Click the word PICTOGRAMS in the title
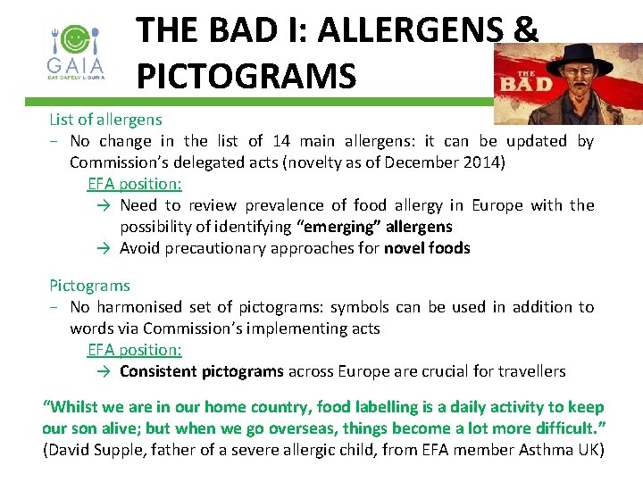(x=246, y=75)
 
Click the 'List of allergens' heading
(x=105, y=119)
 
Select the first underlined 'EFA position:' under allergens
(x=134, y=183)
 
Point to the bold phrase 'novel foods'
(x=427, y=247)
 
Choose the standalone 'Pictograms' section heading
(x=89, y=286)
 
